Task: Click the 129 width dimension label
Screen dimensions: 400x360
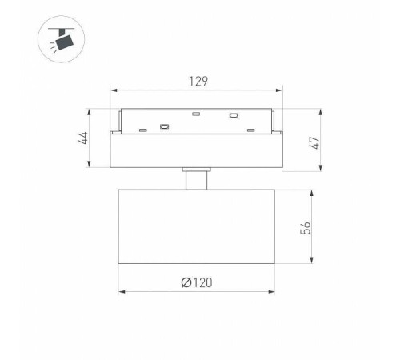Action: click(198, 82)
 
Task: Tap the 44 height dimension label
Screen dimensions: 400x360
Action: click(83, 138)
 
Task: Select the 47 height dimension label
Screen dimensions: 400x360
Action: click(314, 143)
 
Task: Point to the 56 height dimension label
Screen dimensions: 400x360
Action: click(306, 228)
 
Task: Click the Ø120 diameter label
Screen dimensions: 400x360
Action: click(197, 282)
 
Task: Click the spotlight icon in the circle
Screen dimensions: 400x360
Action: click(62, 39)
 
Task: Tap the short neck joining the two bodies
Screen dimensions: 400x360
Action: click(197, 178)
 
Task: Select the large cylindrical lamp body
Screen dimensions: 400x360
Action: click(197, 226)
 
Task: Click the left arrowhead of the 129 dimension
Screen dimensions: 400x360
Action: click(114, 90)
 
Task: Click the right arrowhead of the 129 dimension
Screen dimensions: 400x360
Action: click(279, 90)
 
